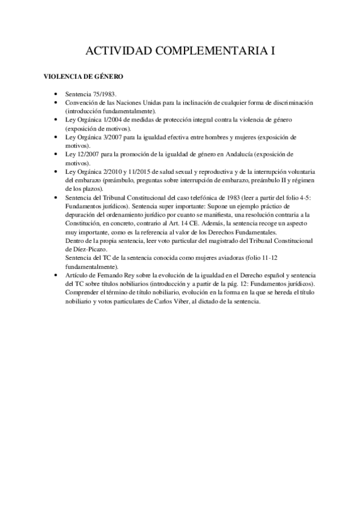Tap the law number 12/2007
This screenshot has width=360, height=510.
click(86, 154)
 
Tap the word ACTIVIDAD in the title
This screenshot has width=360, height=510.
click(116, 51)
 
